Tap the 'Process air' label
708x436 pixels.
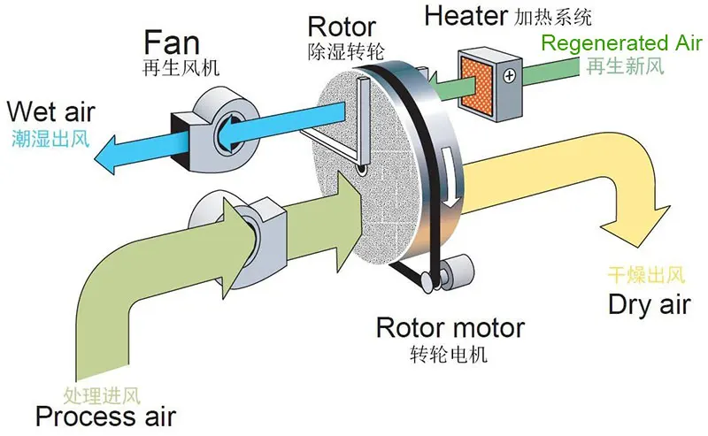pyautogui.click(x=105, y=417)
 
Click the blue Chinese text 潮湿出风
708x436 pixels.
pyautogui.click(x=50, y=138)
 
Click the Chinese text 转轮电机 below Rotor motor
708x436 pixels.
pyautogui.click(x=450, y=355)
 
